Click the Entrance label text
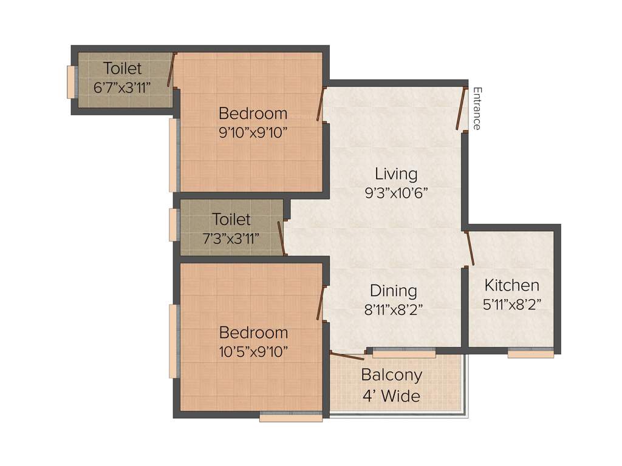477,109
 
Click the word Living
396,174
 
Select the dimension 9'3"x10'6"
396,193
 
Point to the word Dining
393,291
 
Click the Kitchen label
511,285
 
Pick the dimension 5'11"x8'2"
511,304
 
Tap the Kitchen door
469,248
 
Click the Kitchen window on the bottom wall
530,353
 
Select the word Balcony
391,375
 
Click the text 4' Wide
391,396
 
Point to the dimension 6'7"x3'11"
122,87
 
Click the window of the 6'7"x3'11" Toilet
71,81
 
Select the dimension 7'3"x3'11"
231,237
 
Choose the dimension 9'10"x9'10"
253,132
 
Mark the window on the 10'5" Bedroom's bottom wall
290,416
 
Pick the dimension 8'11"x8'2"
393,309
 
